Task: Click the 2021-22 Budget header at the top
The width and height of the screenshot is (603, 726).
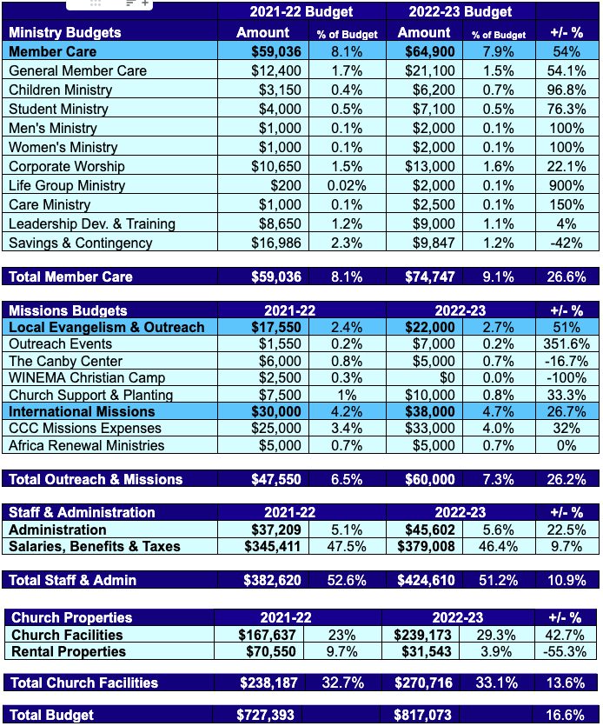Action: coord(301,12)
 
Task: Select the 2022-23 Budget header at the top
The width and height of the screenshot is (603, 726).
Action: coord(460,12)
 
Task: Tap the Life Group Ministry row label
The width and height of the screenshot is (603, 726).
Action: coord(67,185)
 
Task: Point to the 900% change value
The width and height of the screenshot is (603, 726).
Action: coord(567,185)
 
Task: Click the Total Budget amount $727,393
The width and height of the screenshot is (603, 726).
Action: coord(265,715)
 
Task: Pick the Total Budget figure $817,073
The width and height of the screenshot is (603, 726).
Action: coord(426,715)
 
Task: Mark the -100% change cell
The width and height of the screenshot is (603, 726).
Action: coord(567,377)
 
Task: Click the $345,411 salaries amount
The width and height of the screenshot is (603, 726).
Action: coord(271,546)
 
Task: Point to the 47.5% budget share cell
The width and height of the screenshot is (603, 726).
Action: coord(347,546)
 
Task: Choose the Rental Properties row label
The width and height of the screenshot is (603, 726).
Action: coord(69,651)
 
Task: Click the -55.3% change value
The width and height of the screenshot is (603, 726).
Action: coord(567,651)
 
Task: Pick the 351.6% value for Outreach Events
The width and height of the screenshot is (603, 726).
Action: coord(567,343)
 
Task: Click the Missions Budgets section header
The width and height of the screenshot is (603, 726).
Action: coord(68,310)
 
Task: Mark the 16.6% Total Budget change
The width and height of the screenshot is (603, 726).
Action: coord(567,715)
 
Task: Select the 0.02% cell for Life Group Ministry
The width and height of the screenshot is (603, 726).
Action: coord(347,185)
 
